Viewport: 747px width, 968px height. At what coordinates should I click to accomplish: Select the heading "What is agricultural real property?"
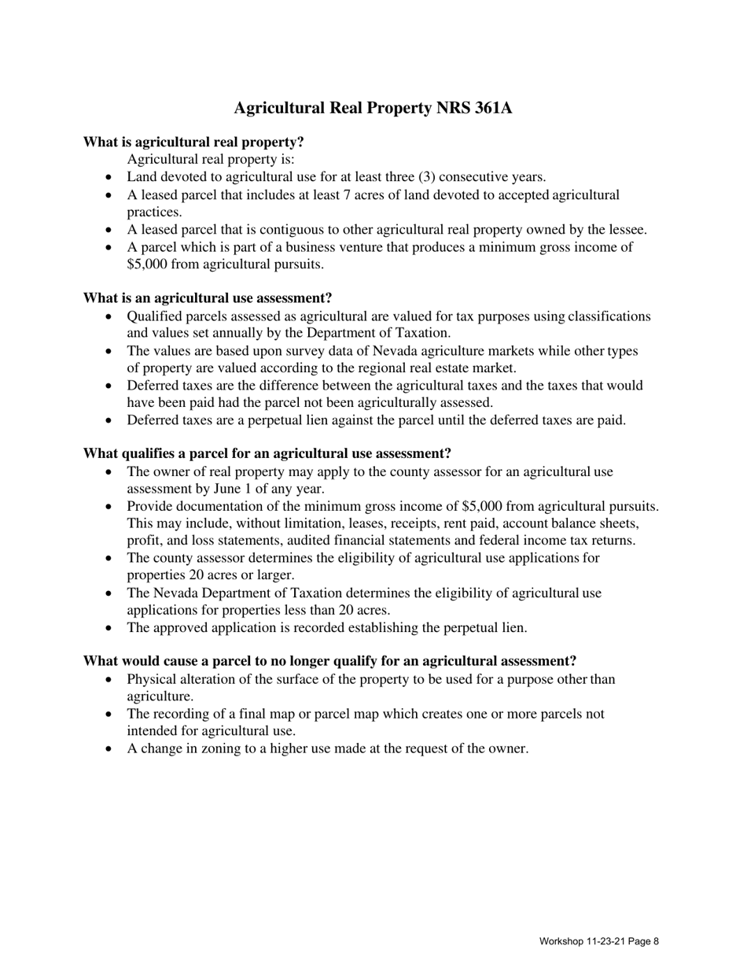[193, 142]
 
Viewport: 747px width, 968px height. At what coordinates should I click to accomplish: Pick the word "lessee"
[627, 229]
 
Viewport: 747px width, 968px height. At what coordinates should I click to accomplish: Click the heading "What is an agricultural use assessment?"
[208, 298]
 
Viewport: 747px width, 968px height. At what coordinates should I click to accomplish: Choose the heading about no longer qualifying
[329, 661]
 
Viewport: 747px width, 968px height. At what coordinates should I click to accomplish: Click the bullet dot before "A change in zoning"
[109, 749]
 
